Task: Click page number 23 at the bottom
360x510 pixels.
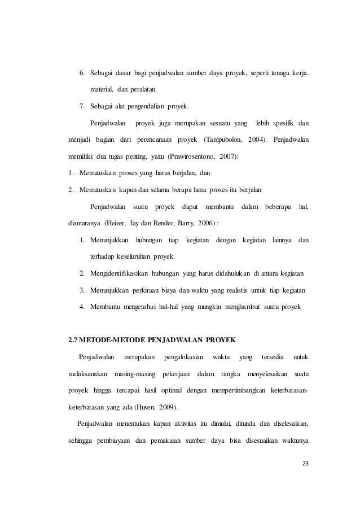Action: tap(306, 464)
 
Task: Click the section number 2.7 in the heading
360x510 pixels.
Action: tap(73, 339)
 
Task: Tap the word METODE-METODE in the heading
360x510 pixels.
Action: tap(113, 339)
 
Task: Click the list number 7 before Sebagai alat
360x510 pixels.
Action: tap(81, 106)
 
